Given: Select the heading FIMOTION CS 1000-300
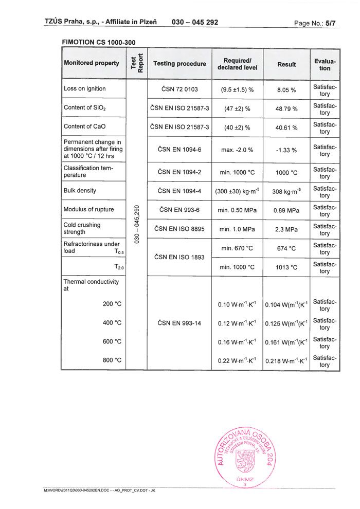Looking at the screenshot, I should click(98, 42).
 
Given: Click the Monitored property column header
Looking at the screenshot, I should click(92, 63).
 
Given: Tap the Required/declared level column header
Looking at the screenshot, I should click(237, 64).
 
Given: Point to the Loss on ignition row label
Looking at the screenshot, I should click(85, 88).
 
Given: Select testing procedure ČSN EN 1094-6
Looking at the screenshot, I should click(179, 149).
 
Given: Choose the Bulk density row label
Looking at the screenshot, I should click(80, 191).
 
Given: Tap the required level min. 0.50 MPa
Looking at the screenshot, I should click(237, 210).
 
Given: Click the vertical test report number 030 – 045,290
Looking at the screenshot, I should click(137, 225).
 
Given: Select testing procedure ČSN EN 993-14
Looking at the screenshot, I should click(179, 323).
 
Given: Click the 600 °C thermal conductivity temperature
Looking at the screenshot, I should click(112, 341).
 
